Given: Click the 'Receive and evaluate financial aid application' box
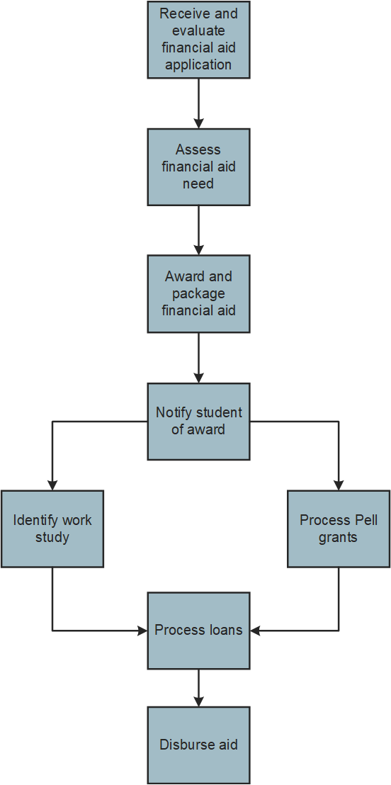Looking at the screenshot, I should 198,40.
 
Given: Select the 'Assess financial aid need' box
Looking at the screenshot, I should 198,167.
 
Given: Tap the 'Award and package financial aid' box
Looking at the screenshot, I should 198,294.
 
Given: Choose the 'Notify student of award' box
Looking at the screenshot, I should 198,422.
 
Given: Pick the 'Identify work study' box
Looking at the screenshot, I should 52,529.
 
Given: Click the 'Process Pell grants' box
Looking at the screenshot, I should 339,529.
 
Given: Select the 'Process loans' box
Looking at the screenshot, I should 198,631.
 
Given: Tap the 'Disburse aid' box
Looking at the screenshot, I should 198,745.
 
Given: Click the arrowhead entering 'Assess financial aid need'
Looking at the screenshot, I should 198,123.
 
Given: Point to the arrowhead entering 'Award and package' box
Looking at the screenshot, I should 198,250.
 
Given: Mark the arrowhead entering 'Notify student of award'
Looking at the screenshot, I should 198,378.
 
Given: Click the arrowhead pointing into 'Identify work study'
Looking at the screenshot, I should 52,485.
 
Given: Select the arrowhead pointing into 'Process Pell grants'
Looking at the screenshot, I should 339,485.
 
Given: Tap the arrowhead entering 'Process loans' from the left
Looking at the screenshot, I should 142,631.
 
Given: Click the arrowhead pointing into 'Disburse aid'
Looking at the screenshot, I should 198,701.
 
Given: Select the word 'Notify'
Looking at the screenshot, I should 174,412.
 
